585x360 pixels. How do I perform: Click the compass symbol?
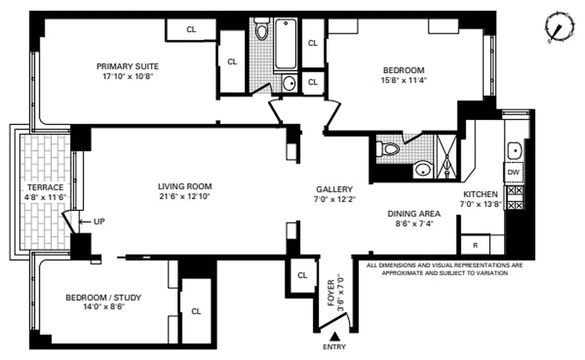coord(560,28)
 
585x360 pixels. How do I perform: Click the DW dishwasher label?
coord(514,171)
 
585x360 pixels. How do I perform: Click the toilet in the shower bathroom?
coord(389,148)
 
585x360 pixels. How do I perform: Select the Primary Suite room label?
coord(128,67)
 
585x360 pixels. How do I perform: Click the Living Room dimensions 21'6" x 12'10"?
coord(184,196)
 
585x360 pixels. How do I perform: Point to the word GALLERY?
coord(334,189)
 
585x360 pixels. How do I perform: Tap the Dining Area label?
coord(414,214)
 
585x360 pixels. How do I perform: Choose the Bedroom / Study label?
coord(103,297)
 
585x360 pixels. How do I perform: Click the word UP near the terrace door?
coord(99,221)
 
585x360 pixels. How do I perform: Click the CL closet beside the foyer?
coord(302,275)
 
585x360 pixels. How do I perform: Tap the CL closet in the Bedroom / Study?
coord(196,311)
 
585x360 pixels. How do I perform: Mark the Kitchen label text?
coord(480,194)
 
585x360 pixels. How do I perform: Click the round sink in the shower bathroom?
coord(422,169)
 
